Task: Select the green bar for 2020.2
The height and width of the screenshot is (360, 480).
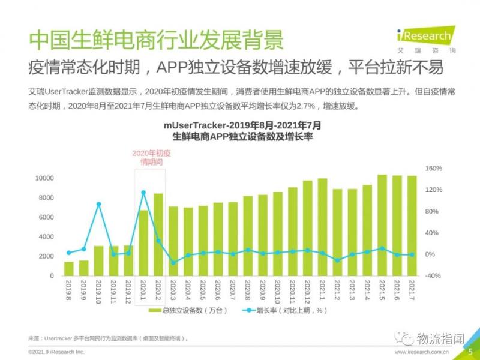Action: tap(158, 234)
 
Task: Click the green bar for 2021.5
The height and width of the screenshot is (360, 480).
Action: tap(382, 225)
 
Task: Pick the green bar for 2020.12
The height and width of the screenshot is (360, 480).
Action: tap(307, 228)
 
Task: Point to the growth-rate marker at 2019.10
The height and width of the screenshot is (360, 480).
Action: tap(98, 204)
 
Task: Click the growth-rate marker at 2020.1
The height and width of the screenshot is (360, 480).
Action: tap(143, 193)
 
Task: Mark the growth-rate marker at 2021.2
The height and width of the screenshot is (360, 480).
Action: tap(337, 260)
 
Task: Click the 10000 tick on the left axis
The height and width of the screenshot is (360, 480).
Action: tap(44, 178)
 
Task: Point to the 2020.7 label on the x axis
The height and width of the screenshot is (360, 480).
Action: tap(233, 290)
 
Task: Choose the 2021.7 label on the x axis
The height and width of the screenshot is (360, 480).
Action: tap(412, 290)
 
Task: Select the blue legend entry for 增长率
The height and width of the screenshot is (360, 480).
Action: tap(284, 310)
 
